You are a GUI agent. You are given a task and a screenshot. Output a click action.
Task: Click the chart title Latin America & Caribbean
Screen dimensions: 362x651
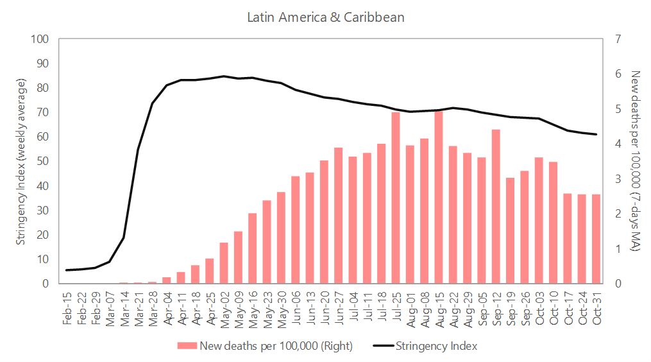click(x=326, y=17)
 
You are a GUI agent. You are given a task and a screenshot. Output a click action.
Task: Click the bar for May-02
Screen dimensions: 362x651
click(x=224, y=263)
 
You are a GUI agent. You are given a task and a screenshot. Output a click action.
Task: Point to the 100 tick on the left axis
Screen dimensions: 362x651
click(x=40, y=39)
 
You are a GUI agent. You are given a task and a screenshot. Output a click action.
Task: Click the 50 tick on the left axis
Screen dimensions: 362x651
click(x=42, y=161)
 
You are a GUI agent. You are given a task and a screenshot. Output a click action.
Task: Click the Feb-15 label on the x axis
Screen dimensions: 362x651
click(x=67, y=309)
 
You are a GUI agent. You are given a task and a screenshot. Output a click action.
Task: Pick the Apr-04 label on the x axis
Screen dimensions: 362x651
click(x=167, y=309)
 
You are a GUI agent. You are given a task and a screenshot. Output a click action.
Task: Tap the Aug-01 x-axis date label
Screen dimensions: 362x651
click(x=410, y=309)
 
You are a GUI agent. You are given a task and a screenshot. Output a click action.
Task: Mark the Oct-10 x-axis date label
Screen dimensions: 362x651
click(x=554, y=309)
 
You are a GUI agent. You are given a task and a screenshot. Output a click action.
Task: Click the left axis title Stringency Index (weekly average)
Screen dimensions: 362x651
click(x=21, y=162)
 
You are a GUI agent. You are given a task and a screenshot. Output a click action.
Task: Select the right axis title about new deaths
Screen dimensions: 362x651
click(x=634, y=161)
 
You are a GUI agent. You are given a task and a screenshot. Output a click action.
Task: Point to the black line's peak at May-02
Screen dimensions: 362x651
click(x=224, y=76)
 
